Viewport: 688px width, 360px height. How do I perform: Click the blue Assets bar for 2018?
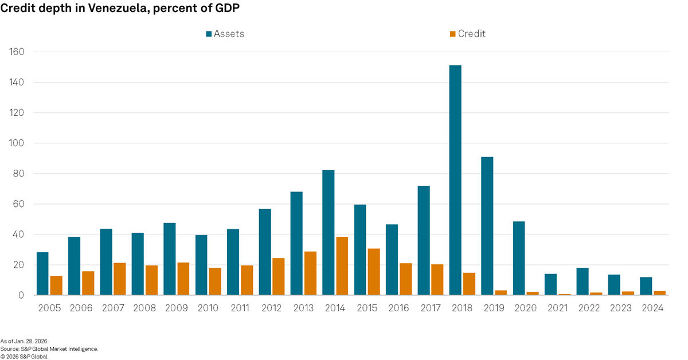coord(455,180)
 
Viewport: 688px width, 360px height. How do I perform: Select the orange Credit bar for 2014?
coord(342,266)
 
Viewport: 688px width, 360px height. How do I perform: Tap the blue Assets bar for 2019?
coord(487,226)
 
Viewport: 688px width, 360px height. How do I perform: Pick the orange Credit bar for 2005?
coord(56,285)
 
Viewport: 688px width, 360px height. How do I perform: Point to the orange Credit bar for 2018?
coord(469,284)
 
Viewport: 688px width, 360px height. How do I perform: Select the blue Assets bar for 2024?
coord(646,286)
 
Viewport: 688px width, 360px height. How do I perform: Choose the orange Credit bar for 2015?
coord(374,272)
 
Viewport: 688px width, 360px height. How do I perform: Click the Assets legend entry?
coord(225,34)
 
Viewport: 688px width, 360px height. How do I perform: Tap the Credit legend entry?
coord(467,34)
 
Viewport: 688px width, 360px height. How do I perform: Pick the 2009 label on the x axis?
coord(177,308)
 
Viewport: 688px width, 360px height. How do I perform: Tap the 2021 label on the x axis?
coord(557,308)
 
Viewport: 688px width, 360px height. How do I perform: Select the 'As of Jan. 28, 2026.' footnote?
coord(24,341)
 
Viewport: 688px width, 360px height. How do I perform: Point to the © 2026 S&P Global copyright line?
coord(25,356)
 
